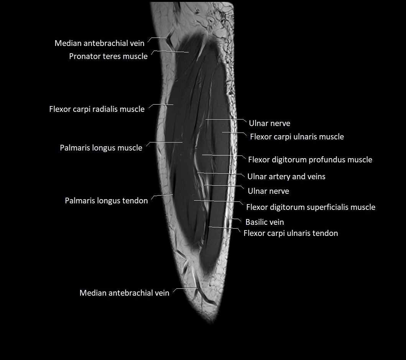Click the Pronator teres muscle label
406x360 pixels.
(108, 56)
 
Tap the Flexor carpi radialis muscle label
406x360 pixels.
(97, 109)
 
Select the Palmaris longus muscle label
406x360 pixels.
(101, 148)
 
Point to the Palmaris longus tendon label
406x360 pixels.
(106, 200)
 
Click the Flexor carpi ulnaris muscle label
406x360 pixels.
(297, 137)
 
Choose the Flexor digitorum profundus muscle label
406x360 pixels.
(310, 160)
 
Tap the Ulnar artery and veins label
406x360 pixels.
(286, 177)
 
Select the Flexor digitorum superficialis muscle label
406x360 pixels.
(311, 207)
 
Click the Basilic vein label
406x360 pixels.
(265, 222)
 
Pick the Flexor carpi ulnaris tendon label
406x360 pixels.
(291, 233)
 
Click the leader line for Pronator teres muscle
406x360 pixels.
(170, 52)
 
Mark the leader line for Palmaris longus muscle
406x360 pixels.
(164, 142)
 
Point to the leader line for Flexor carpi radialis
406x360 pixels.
(161, 105)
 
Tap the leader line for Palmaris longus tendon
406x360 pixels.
(162, 195)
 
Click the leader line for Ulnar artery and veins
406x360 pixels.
(220, 173)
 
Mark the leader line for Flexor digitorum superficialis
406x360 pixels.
(218, 201)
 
